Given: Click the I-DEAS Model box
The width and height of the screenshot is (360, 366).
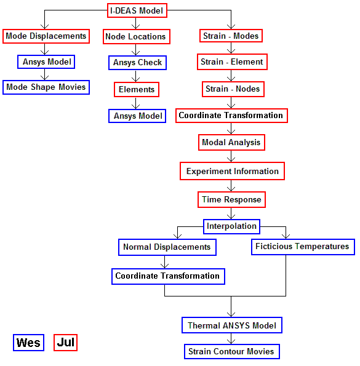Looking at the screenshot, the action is click(x=137, y=10).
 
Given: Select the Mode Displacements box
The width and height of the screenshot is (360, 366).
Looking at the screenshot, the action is click(x=46, y=36).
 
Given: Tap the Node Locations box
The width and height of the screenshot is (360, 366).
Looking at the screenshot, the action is click(x=137, y=37).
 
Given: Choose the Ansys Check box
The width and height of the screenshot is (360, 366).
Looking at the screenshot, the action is click(x=137, y=63).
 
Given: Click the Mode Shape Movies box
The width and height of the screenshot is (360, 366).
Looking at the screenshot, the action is click(x=46, y=87).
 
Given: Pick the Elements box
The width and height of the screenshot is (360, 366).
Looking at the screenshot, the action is click(x=137, y=89).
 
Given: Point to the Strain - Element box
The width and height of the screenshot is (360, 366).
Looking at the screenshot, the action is click(x=232, y=62).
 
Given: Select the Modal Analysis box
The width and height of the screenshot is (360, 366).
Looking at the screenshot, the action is click(x=231, y=142).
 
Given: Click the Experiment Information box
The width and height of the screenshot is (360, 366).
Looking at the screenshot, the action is click(x=232, y=171).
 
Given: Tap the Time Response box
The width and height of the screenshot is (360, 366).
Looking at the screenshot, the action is click(x=231, y=199).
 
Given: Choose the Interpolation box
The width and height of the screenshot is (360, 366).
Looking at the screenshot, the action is click(x=231, y=226).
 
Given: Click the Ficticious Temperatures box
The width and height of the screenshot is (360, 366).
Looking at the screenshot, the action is click(x=303, y=247).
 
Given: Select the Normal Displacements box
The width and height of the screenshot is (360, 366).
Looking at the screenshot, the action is click(x=167, y=247).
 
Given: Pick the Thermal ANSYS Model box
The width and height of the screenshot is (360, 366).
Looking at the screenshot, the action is click(x=232, y=325).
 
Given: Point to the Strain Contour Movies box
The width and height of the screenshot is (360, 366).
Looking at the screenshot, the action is click(x=232, y=351).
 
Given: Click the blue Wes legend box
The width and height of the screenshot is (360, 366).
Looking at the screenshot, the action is click(x=28, y=343).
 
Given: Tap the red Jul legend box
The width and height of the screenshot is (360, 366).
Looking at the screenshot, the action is click(x=65, y=343).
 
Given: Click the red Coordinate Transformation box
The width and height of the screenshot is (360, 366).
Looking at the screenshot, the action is click(x=231, y=116).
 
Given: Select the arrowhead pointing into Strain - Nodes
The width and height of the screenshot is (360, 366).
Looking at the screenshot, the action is click(x=231, y=79).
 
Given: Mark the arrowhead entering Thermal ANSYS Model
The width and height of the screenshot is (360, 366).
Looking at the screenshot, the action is click(x=231, y=315).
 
